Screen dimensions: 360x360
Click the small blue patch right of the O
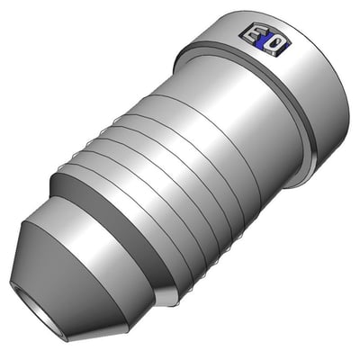tap(286, 46)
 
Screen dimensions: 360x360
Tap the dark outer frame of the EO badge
tap(240, 36)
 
